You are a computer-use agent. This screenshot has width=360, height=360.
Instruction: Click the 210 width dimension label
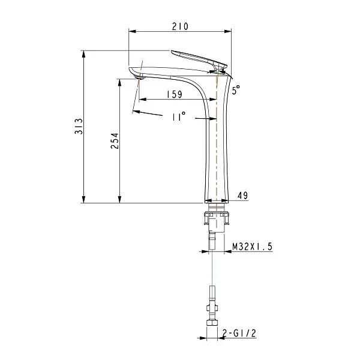[x=180, y=26]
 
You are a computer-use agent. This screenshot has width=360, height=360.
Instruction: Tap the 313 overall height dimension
[x=79, y=126]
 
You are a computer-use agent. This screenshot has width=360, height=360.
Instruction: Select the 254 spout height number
[x=115, y=141]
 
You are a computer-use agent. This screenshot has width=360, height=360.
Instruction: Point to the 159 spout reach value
[x=175, y=94]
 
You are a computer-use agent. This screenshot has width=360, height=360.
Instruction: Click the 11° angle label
[x=179, y=116]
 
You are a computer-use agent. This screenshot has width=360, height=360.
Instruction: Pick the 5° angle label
[x=236, y=90]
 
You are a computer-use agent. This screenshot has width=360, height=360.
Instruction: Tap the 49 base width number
[x=242, y=196]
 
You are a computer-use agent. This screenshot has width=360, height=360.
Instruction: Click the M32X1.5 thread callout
[x=253, y=247]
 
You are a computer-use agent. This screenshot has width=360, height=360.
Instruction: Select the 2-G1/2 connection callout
[x=239, y=333]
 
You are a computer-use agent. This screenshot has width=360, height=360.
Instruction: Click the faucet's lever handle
[x=199, y=59]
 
